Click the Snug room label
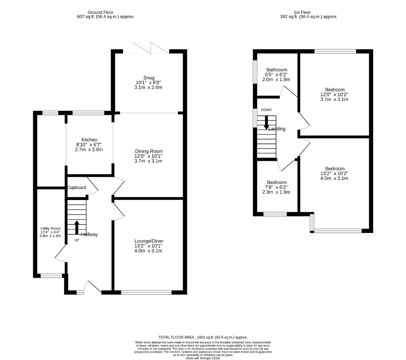[149, 78]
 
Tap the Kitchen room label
[89, 140]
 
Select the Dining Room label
[149, 151]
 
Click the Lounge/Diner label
[149, 241]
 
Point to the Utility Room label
[50, 228]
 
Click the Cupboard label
[77, 188]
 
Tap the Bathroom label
[276, 70]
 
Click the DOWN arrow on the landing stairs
[266, 122]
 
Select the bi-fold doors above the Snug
[151, 48]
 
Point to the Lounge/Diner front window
[146, 293]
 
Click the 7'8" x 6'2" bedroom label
[276, 183]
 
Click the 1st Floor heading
[308, 12]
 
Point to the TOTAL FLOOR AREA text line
[203, 337]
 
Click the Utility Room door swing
[60, 255]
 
